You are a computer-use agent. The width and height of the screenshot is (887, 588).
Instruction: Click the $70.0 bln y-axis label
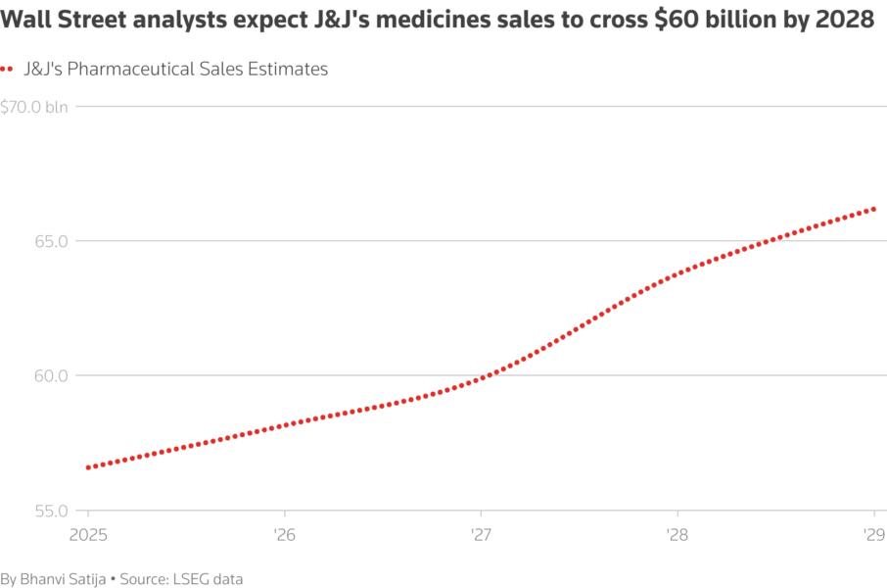coord(34,107)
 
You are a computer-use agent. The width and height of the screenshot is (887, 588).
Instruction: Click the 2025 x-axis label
coord(87,534)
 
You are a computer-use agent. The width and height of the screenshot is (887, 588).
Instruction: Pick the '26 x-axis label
coord(284,534)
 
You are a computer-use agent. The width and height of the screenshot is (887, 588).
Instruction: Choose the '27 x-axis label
coord(481,534)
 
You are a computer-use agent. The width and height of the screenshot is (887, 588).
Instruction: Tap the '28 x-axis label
coord(677,534)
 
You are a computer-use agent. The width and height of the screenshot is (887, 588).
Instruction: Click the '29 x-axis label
coord(873,534)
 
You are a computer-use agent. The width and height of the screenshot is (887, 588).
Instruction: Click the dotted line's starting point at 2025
coord(88,467)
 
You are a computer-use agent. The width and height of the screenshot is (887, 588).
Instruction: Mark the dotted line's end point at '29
coord(873,209)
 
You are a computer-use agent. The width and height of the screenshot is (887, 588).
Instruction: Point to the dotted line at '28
coord(677,272)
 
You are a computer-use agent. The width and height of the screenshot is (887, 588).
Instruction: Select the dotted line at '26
coord(284,424)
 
